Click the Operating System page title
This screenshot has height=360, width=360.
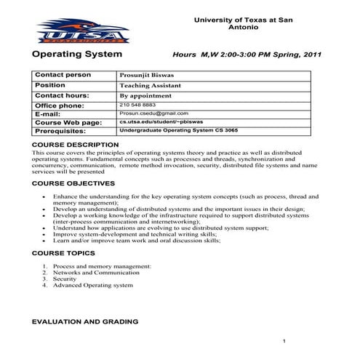[78, 55]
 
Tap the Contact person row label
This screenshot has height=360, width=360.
[63, 75]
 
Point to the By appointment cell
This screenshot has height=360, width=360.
[145, 95]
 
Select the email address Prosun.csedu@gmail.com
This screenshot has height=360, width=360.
[153, 113]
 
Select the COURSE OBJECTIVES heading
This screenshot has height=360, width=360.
[73, 185]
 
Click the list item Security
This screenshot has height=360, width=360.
[65, 279]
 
